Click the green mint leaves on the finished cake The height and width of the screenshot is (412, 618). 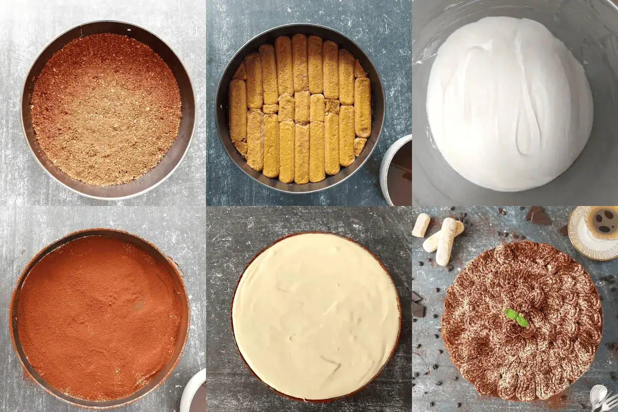(x=513, y=317)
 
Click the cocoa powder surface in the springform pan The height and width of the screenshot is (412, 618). (x=99, y=313)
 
